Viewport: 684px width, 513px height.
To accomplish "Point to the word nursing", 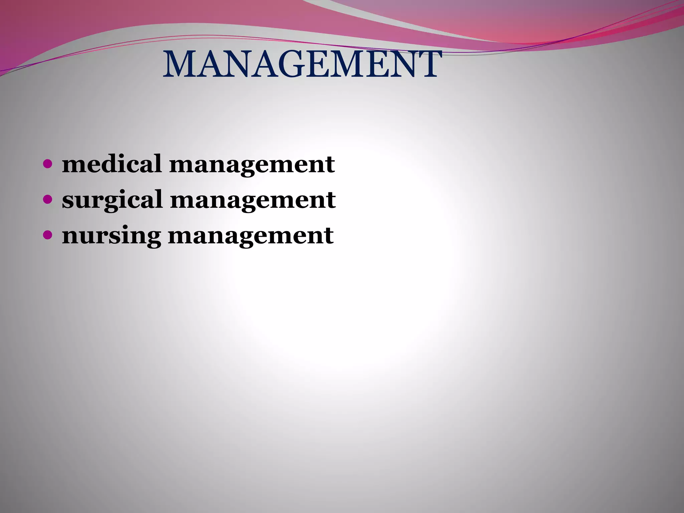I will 111,235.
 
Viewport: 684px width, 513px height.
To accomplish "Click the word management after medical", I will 252,165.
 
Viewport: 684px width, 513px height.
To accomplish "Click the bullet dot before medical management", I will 48,164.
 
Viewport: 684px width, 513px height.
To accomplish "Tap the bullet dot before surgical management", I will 48,200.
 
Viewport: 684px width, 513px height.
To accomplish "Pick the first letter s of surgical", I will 68,200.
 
